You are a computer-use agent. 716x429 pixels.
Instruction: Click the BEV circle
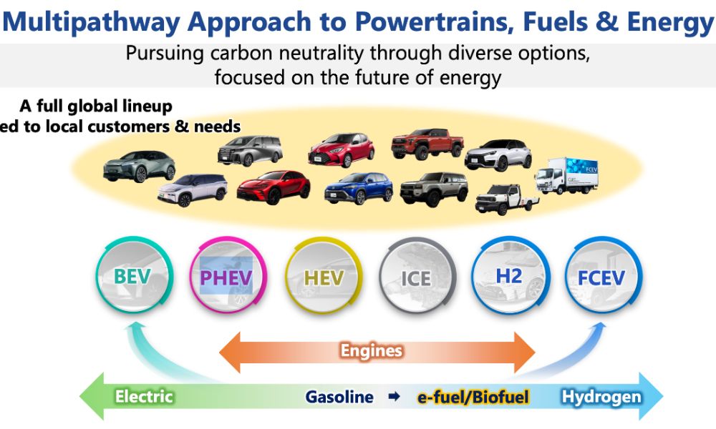coord(133,276)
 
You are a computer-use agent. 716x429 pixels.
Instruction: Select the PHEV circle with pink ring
coord(226,276)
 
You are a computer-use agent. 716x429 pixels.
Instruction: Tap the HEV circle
coord(324,276)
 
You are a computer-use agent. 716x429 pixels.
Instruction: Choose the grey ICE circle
coord(416,276)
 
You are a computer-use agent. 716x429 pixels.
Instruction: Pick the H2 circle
coord(508,276)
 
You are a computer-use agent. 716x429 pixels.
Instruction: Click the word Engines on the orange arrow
coord(371,350)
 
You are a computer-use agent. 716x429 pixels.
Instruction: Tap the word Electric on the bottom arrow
coord(144,396)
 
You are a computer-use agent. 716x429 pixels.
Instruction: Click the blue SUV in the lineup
coord(359,188)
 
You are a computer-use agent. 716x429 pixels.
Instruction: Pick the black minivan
coord(251,151)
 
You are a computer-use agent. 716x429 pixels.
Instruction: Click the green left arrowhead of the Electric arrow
coord(89,396)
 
